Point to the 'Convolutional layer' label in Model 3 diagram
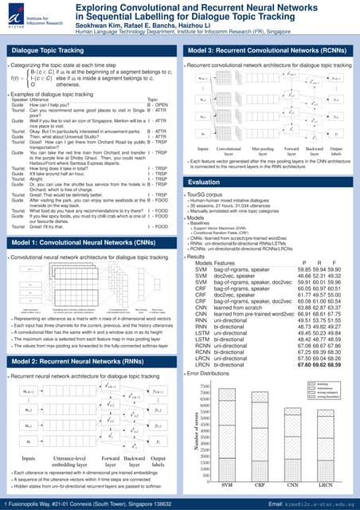click(x=233, y=151)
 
